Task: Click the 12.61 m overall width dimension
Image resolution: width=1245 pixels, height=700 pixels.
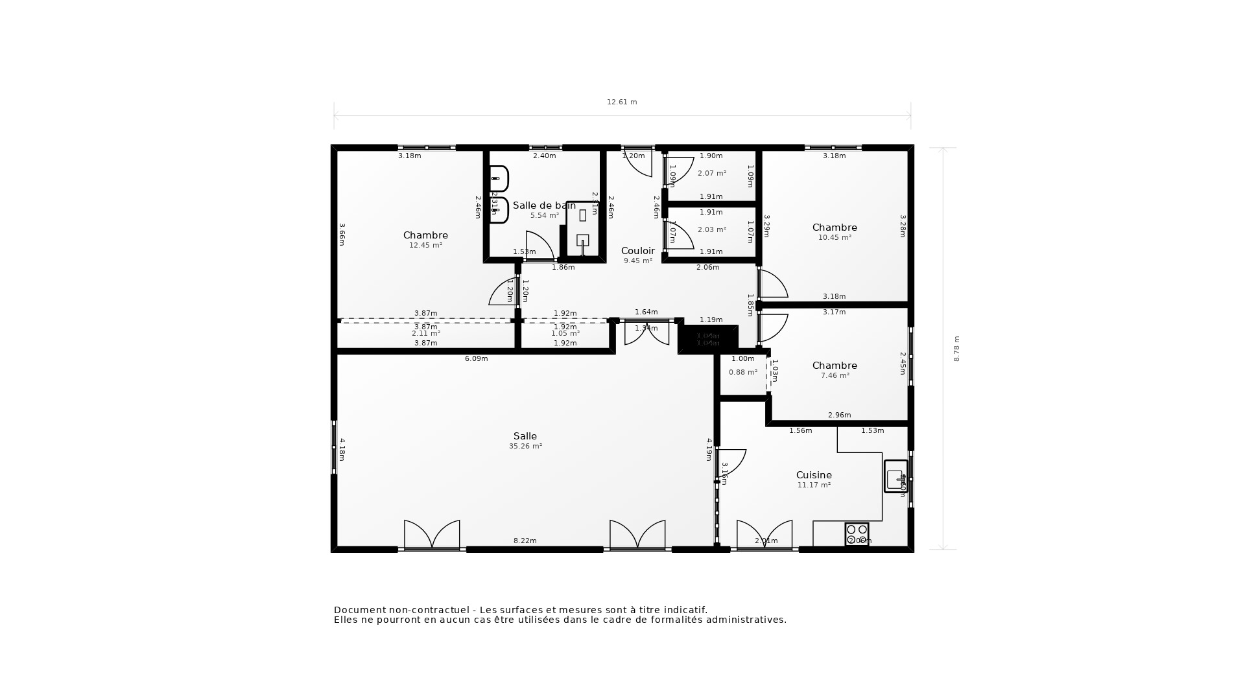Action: click(622, 102)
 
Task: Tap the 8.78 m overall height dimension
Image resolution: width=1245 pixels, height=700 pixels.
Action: click(956, 349)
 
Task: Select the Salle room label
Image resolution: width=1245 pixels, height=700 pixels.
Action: click(525, 436)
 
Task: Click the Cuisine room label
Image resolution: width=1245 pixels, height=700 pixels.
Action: click(814, 475)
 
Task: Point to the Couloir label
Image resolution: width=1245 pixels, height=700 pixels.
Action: click(638, 251)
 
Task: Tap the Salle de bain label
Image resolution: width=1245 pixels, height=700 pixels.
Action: click(543, 205)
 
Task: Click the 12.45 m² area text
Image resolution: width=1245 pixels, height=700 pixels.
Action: click(425, 246)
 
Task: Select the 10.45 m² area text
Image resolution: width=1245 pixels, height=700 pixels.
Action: click(835, 238)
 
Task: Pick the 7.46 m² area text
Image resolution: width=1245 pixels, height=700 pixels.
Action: click(835, 376)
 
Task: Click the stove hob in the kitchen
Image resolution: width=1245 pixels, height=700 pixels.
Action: click(857, 534)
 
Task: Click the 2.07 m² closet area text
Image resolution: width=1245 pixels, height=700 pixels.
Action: click(711, 174)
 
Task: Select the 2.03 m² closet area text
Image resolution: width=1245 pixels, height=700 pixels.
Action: click(711, 230)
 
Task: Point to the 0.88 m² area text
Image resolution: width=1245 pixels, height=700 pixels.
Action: click(742, 373)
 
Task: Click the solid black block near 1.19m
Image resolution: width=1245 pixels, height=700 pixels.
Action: click(707, 339)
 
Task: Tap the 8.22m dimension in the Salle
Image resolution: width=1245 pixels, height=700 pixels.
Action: click(525, 541)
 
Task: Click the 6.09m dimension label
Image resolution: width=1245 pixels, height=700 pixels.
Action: click(476, 358)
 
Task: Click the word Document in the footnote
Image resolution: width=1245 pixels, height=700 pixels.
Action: click(359, 610)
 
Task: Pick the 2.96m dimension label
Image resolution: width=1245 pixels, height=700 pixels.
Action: click(839, 415)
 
